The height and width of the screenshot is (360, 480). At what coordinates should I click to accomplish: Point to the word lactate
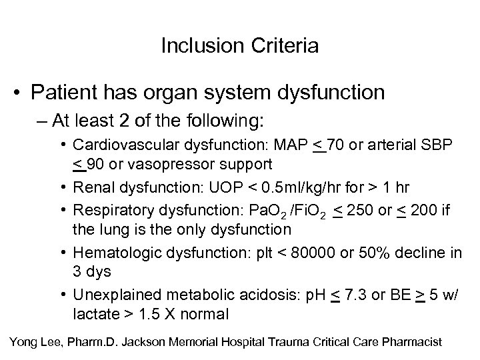click(x=93, y=313)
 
